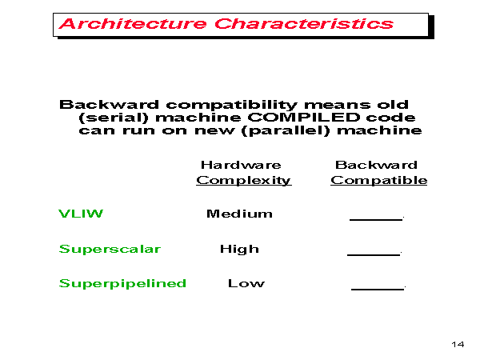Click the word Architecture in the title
[x=133, y=24]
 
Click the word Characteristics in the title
[x=304, y=24]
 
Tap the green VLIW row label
[x=81, y=214]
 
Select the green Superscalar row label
[x=110, y=249]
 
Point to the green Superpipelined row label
[x=122, y=283]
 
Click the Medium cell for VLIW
[x=239, y=214]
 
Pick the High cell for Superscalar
[x=239, y=249]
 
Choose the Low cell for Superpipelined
[x=246, y=283]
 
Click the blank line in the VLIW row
[x=376, y=219]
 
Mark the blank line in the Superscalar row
[x=374, y=254]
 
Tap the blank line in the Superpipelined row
[x=378, y=289]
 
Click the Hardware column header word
[x=241, y=165]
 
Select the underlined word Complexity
[x=244, y=180]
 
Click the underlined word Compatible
[x=379, y=180]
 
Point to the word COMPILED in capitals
[x=304, y=118]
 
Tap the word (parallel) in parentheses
[x=286, y=130]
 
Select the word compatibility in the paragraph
[x=231, y=105]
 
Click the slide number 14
[x=458, y=344]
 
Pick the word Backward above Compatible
[x=376, y=165]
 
